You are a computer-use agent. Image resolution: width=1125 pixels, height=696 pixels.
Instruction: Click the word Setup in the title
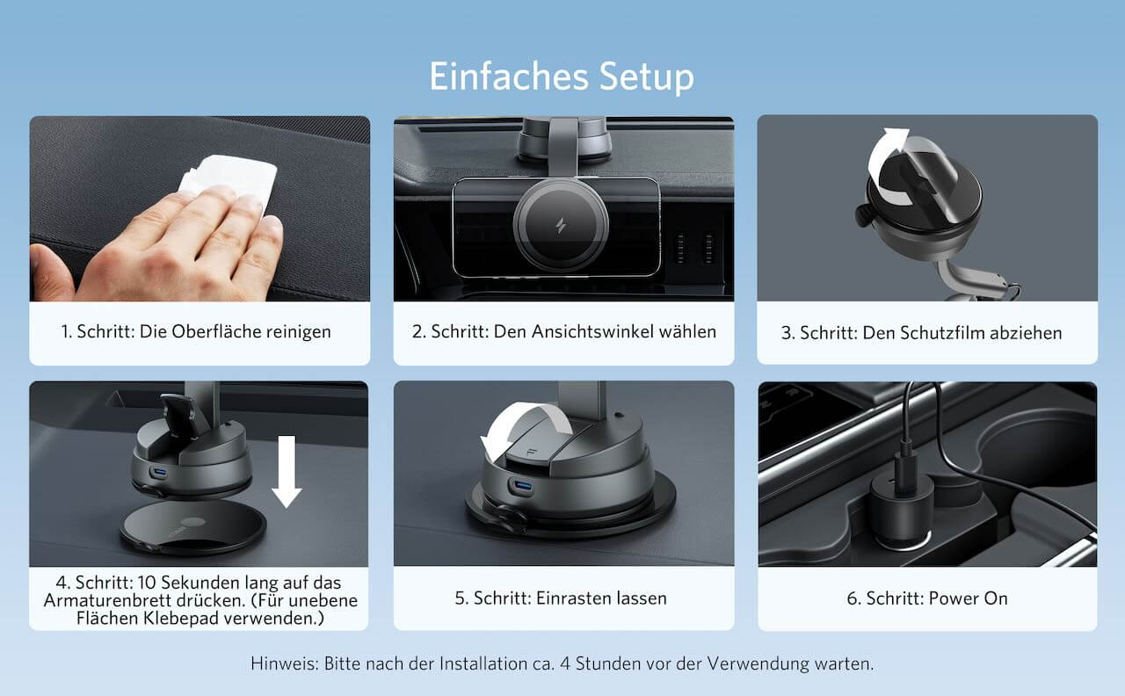[647, 77]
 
